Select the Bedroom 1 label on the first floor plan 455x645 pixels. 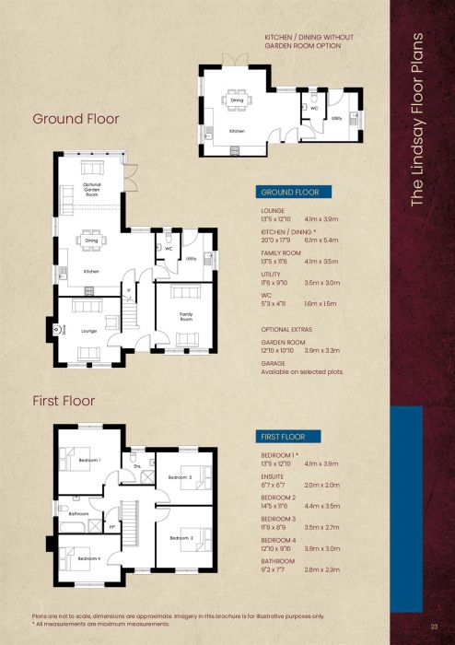[x=88, y=459]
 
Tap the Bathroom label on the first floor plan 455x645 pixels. [x=78, y=513]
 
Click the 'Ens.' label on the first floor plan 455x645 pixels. [x=136, y=466]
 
